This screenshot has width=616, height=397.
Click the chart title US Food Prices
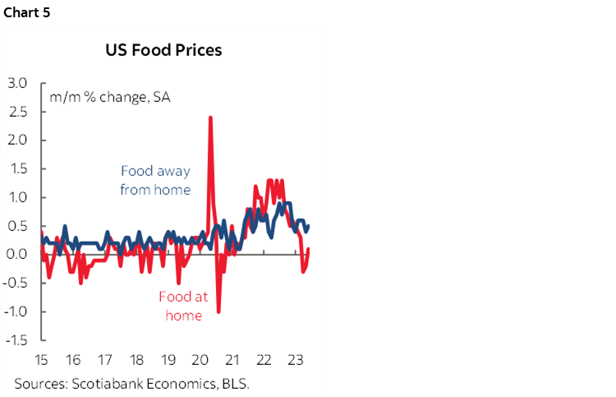coord(163,50)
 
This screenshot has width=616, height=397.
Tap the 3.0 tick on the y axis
coord(17,83)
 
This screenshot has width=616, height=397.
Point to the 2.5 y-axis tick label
coord(17,112)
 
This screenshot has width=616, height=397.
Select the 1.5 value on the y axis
coord(17,169)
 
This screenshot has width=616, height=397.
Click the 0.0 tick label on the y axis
coord(17,255)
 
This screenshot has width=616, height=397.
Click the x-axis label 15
coord(40,359)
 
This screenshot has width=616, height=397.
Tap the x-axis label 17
coord(104,359)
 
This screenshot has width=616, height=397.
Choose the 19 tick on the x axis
coord(168,359)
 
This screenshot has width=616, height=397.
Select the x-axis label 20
coord(200,359)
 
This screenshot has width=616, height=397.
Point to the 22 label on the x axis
coord(264,359)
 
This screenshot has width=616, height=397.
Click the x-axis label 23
coord(296,359)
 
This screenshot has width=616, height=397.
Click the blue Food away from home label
coord(155,180)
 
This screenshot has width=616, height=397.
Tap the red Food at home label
coord(183,306)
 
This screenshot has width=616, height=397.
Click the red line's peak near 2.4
coord(210,118)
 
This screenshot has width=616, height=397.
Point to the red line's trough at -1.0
coord(218,312)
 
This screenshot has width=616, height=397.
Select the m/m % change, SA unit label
coord(110,97)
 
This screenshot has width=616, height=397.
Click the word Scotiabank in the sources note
coord(103,383)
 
